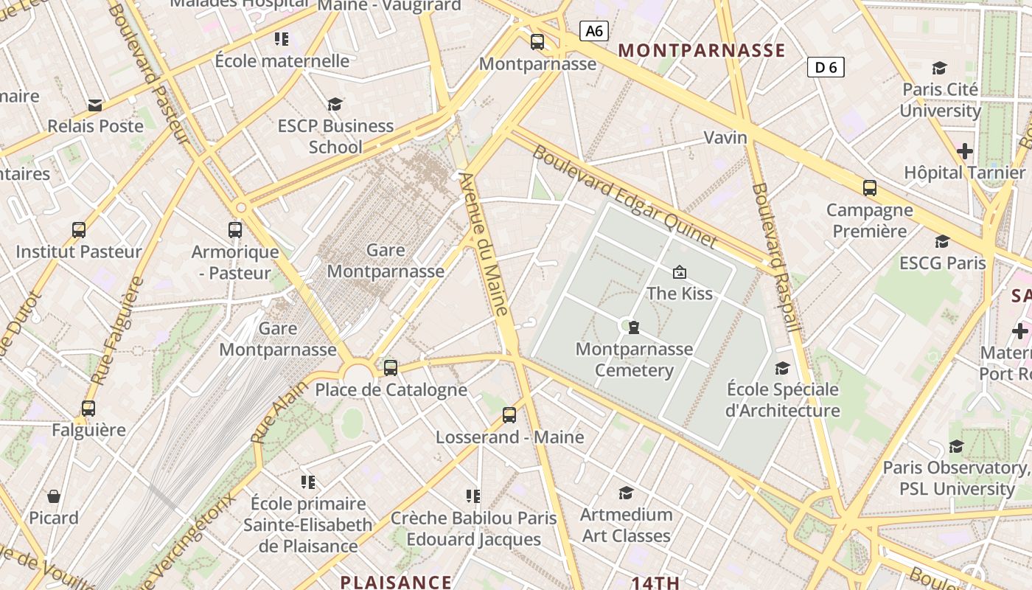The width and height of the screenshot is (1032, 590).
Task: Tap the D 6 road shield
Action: point(826,67)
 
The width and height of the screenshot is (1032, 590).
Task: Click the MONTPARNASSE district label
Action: point(702,50)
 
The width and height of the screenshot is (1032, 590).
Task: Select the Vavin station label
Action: point(725,137)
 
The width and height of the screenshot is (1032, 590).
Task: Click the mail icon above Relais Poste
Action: point(95,105)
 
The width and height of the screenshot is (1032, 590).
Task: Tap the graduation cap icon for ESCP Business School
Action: point(335,104)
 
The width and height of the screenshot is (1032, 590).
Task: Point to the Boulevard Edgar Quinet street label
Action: point(624,196)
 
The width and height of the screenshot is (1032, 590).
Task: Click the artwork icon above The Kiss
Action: point(680,272)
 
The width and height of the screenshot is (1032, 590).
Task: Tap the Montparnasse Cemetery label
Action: point(634,359)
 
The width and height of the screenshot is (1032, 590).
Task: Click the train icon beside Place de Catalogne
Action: point(391,367)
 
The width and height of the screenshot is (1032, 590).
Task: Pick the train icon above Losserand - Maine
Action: point(509,414)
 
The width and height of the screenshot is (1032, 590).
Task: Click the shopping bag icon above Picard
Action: point(54,496)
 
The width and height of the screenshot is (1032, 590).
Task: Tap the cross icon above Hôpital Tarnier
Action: point(964,151)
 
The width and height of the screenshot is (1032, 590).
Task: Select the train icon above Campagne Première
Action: point(870,188)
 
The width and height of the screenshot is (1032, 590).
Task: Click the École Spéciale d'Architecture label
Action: point(782,399)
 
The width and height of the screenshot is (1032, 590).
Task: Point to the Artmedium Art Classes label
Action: point(626,524)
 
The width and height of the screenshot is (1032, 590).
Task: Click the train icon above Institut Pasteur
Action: point(79,230)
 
